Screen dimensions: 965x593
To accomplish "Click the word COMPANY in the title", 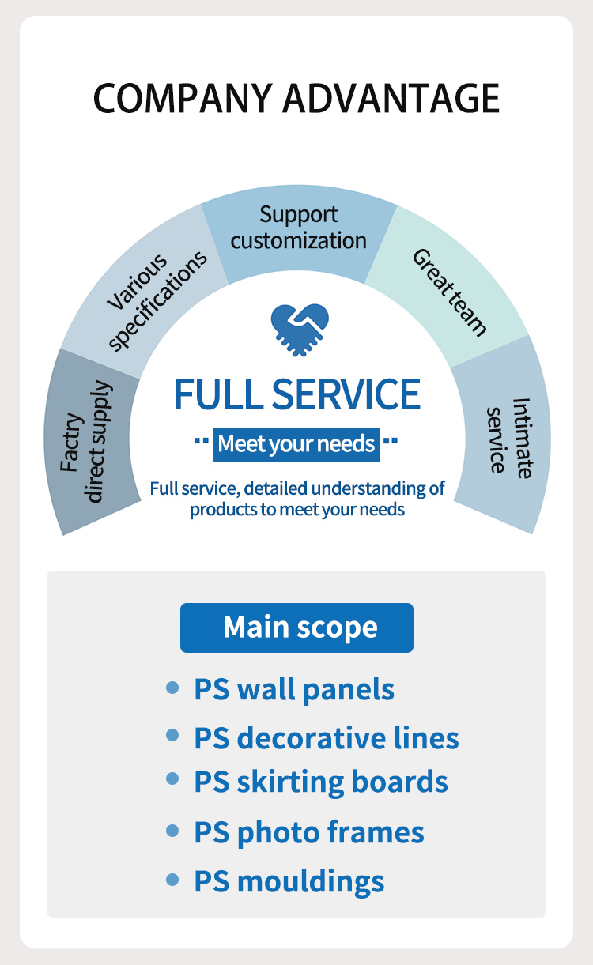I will (x=183, y=99).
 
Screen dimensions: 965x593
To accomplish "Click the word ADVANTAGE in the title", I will (x=391, y=99).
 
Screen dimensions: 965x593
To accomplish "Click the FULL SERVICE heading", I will (x=297, y=394).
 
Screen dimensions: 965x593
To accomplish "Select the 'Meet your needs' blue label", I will (x=296, y=443).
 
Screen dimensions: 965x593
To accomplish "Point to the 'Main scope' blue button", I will (x=296, y=628).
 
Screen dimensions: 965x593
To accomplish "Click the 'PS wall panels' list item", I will (x=294, y=689).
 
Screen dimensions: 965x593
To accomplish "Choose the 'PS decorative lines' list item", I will (x=326, y=737).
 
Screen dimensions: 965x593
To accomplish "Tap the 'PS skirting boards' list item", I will (x=321, y=782).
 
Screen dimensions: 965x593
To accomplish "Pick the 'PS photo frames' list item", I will (x=309, y=831).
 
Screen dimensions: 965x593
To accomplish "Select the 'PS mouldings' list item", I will (x=289, y=880).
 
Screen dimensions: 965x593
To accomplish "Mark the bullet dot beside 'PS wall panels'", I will (x=172, y=688).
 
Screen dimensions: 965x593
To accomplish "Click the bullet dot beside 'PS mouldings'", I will (x=172, y=880).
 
